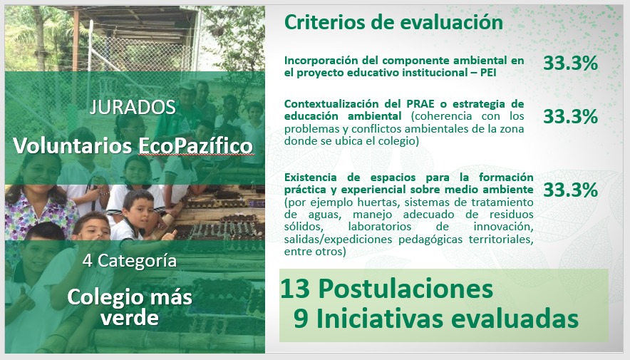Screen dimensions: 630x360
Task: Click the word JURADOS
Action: pos(133,107)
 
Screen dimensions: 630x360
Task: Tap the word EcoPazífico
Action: pos(196,146)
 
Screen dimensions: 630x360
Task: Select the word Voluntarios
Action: pos(72,145)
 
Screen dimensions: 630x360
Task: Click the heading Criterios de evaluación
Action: pos(393,22)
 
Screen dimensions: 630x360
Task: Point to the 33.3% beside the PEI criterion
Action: pos(571,63)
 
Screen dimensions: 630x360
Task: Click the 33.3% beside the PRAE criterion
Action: pos(571,116)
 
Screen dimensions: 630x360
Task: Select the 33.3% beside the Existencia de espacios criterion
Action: pos(571,190)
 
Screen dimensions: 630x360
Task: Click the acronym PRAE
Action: pos(420,103)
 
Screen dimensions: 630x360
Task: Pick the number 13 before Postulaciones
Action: pos(295,289)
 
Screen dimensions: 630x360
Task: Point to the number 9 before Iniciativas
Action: pos(301,319)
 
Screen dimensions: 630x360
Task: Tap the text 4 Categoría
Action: pos(130,261)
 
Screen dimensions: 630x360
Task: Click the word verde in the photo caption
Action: pos(130,318)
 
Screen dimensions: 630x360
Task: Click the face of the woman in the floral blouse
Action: pos(39,173)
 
